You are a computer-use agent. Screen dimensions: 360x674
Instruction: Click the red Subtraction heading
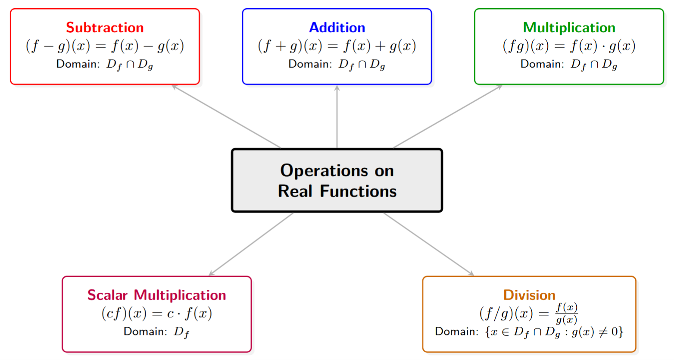(x=105, y=28)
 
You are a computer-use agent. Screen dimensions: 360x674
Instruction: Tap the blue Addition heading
(x=337, y=28)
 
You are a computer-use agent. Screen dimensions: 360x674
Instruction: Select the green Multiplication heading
(x=569, y=28)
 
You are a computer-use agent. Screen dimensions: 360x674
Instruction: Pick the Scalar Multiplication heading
(x=156, y=295)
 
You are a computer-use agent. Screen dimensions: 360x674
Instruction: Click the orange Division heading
(x=529, y=295)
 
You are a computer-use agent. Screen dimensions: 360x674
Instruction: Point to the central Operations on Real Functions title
(x=337, y=181)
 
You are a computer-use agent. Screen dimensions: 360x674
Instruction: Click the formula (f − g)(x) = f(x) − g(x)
(x=105, y=46)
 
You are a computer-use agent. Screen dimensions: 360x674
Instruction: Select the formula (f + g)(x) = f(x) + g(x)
(x=337, y=46)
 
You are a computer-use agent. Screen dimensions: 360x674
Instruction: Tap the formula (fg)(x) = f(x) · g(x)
(x=569, y=46)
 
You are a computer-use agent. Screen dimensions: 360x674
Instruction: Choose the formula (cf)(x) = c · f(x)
(x=156, y=313)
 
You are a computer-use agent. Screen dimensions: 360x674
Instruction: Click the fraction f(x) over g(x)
(x=566, y=313)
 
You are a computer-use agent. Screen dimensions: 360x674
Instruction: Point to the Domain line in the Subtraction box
(x=105, y=64)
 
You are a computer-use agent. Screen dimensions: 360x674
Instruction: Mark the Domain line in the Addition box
(x=337, y=64)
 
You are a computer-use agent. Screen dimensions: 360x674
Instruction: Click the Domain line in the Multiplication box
(x=569, y=64)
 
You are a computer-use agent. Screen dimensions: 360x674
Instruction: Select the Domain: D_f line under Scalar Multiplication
(x=156, y=332)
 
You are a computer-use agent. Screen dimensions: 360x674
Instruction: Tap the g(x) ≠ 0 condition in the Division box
(x=597, y=332)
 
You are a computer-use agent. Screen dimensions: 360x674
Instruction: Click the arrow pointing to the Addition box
(x=337, y=116)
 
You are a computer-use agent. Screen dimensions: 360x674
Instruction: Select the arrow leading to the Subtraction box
(x=226, y=116)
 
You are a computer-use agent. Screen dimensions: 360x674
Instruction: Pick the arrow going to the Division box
(x=429, y=244)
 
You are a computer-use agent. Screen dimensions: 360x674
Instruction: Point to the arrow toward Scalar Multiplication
(x=251, y=244)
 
